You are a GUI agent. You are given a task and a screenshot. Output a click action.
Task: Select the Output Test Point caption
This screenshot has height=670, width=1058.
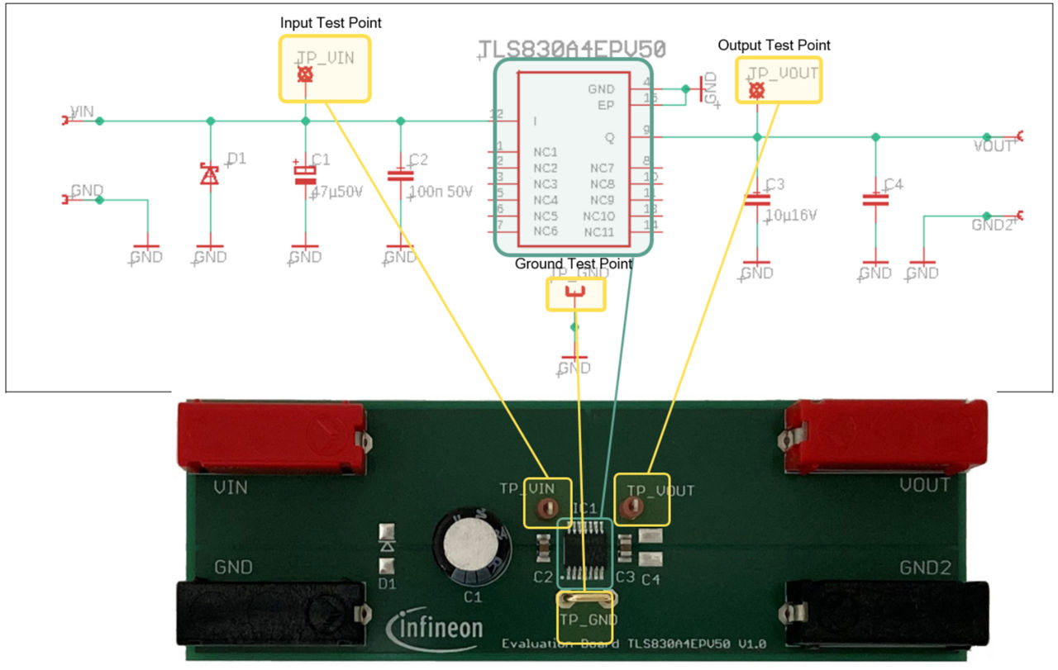[774, 45]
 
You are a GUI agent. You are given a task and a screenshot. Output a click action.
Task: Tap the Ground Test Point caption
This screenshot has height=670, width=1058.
[573, 264]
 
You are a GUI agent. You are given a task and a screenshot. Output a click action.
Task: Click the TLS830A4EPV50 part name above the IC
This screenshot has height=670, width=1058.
[572, 49]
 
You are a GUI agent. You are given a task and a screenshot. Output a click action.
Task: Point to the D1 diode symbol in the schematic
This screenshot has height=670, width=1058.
[210, 174]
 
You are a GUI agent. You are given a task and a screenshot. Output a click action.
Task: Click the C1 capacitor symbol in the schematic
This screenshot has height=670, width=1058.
[305, 173]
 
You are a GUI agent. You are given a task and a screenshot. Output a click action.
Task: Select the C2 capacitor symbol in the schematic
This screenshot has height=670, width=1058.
[401, 175]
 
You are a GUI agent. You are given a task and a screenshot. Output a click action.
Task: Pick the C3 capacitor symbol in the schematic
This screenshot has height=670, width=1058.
[756, 199]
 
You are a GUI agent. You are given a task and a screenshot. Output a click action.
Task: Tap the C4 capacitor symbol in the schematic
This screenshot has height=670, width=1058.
[875, 199]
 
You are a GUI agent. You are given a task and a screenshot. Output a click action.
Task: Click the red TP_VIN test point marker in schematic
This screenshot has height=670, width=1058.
[305, 75]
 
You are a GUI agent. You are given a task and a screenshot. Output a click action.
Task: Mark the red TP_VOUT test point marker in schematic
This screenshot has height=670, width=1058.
[756, 90]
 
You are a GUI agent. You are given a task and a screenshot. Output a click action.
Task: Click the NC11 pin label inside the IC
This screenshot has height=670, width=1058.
[598, 231]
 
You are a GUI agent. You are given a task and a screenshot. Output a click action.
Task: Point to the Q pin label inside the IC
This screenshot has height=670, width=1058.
[609, 136]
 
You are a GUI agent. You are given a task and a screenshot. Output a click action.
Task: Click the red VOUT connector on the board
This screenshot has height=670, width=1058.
[884, 435]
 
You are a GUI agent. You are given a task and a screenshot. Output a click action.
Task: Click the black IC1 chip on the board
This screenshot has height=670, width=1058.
[584, 553]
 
